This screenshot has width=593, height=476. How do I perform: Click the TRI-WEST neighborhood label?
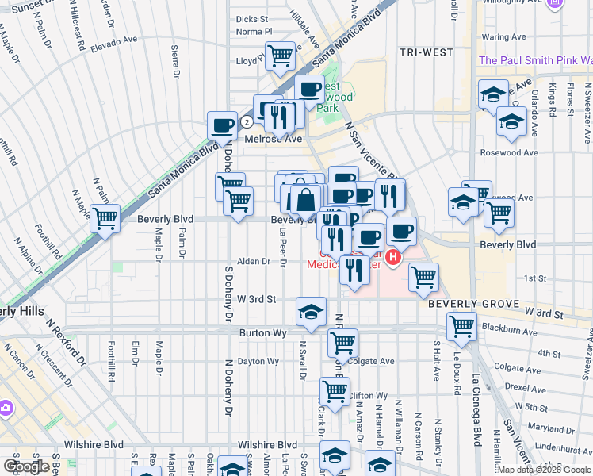coord(427,52)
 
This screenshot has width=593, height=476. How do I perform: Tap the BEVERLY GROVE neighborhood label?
coord(462,304)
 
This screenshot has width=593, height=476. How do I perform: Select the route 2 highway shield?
coord(247,122)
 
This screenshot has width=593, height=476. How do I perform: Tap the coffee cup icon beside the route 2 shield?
coord(222,125)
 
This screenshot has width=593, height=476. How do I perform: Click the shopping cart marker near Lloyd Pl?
coord(280,56)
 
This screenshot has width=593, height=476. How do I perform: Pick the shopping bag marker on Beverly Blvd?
coord(306,199)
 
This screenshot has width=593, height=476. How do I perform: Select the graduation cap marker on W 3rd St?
coord(312,312)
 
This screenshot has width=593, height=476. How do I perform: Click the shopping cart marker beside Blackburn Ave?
coord(461,326)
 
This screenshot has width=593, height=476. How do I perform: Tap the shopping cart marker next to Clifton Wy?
coord(335,391)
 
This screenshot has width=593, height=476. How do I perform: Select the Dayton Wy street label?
coord(258,362)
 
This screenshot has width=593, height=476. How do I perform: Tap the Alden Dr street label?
coord(254,261)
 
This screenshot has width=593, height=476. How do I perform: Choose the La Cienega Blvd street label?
coord(476,410)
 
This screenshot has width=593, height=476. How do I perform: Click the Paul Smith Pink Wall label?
coord(535,60)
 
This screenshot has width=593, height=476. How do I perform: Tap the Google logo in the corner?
coord(26,466)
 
